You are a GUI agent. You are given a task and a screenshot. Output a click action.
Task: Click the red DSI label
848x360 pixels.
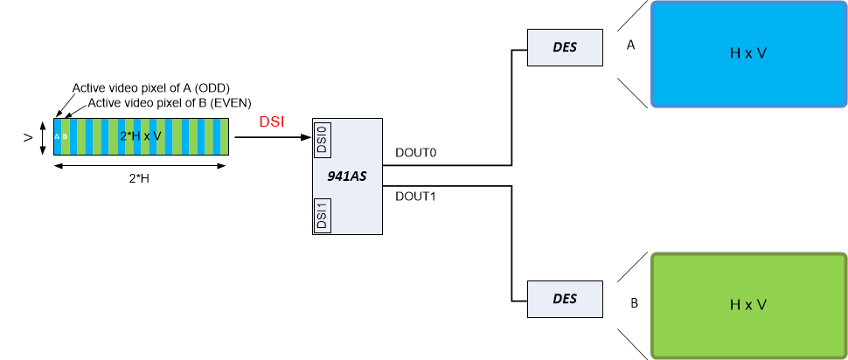[x=272, y=123]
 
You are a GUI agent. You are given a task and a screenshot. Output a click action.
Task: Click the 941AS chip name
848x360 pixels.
[x=348, y=177]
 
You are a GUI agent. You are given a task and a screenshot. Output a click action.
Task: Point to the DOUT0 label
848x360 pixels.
[x=415, y=153]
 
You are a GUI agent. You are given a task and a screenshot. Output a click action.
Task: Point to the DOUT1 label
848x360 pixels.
[x=416, y=197]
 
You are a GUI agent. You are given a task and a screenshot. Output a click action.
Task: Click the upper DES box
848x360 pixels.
[x=565, y=47]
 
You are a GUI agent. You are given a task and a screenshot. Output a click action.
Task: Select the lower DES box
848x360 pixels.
[x=565, y=298]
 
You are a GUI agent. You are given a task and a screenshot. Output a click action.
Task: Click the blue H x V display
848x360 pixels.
[x=748, y=54]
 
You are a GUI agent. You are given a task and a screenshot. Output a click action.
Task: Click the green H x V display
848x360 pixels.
[x=748, y=305]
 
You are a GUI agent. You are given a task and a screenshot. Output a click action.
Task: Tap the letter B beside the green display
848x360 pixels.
[x=634, y=304]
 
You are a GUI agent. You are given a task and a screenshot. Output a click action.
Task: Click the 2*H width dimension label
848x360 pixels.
[x=141, y=180]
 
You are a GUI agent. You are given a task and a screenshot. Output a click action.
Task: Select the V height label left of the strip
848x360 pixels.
[x=28, y=137]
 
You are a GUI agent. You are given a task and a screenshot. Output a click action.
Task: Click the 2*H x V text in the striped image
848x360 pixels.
[x=141, y=136]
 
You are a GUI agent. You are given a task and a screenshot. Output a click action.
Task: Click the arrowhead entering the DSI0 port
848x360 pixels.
[x=307, y=136]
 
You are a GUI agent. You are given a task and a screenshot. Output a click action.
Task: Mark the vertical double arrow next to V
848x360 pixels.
[x=42, y=137]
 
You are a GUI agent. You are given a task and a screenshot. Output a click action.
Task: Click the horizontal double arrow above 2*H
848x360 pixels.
[x=141, y=166]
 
